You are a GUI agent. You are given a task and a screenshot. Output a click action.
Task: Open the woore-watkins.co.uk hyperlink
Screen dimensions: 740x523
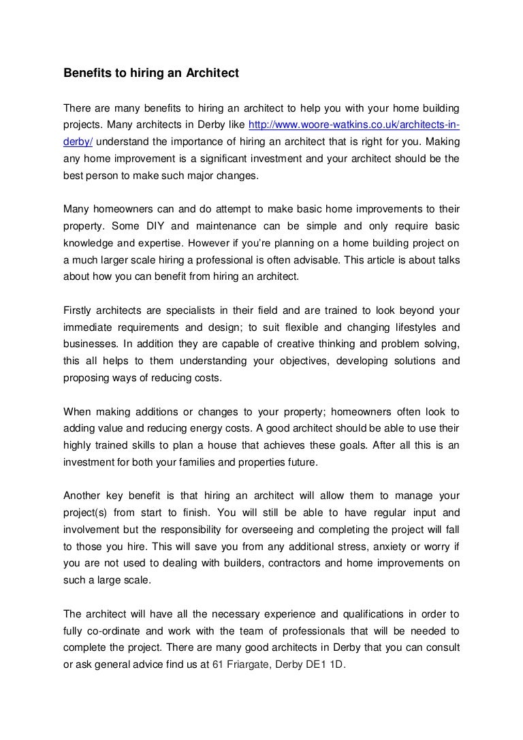354,126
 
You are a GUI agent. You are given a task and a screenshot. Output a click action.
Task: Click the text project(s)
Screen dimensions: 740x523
87,513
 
